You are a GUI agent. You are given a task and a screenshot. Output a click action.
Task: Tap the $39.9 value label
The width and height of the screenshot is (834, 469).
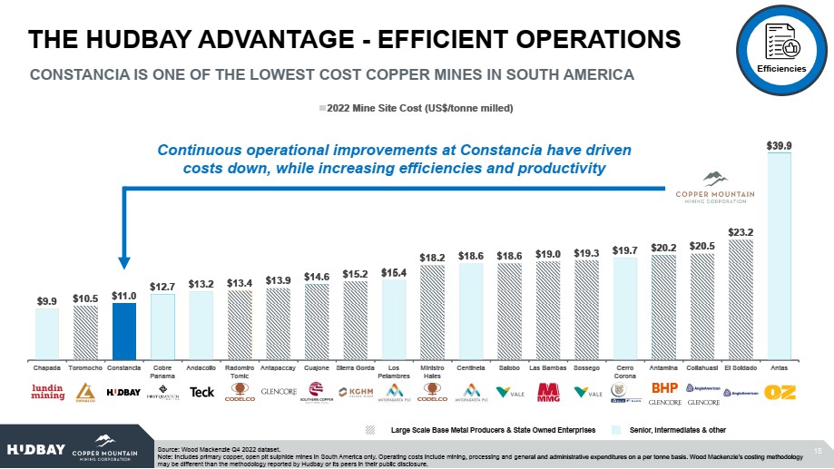780,145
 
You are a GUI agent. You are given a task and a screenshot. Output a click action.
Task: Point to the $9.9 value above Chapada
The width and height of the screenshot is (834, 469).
47,300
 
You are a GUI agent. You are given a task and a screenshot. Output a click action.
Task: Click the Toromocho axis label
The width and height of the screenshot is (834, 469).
85,369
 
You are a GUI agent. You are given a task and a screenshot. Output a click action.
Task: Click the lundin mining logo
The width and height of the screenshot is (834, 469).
47,392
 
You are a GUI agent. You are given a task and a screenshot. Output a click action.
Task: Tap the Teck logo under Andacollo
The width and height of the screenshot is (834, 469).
201,392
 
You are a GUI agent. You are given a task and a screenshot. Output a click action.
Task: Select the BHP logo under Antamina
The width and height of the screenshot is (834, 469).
665,388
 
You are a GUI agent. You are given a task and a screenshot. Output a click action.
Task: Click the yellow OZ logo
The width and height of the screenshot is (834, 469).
780,392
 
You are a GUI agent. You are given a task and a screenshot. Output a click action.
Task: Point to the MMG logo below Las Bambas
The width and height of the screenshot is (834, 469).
547,392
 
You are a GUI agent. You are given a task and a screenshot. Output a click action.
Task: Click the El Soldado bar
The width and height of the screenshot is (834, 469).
741,298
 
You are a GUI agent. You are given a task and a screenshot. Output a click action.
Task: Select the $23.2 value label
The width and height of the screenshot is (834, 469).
741,232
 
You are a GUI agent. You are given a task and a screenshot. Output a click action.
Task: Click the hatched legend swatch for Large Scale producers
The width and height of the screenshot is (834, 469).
371,428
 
